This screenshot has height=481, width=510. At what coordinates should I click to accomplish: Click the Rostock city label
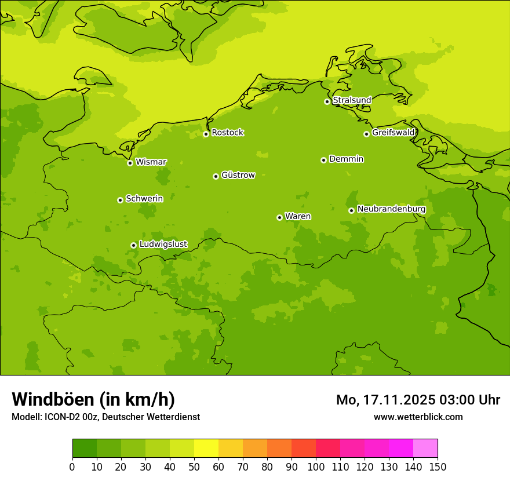(x=227, y=133)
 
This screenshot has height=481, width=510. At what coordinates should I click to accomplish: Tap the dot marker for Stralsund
(x=327, y=101)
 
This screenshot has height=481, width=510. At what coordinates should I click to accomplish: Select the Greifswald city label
(x=393, y=133)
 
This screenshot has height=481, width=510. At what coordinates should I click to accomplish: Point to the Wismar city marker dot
(x=130, y=163)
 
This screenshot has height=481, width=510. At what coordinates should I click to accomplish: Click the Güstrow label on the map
(x=238, y=175)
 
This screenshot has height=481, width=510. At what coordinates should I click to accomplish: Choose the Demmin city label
(x=346, y=159)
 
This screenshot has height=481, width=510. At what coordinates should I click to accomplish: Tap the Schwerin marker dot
(x=120, y=200)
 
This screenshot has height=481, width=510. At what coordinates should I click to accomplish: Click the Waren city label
(x=298, y=216)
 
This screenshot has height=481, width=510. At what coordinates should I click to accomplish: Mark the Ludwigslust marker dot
(x=133, y=245)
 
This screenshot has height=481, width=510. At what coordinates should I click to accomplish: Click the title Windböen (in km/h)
(x=93, y=399)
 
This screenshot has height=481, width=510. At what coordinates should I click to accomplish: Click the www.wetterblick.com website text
(x=418, y=417)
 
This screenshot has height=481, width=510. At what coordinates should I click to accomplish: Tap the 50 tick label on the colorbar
(x=194, y=467)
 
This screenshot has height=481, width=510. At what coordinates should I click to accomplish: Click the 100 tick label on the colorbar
(x=316, y=467)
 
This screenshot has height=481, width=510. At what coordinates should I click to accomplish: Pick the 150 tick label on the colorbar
(x=438, y=467)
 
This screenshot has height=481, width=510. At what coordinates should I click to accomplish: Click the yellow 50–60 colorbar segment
(x=206, y=449)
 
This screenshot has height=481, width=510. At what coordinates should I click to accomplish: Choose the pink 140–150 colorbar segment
(x=425, y=449)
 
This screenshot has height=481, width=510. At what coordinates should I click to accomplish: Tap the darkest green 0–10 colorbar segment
(x=85, y=449)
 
